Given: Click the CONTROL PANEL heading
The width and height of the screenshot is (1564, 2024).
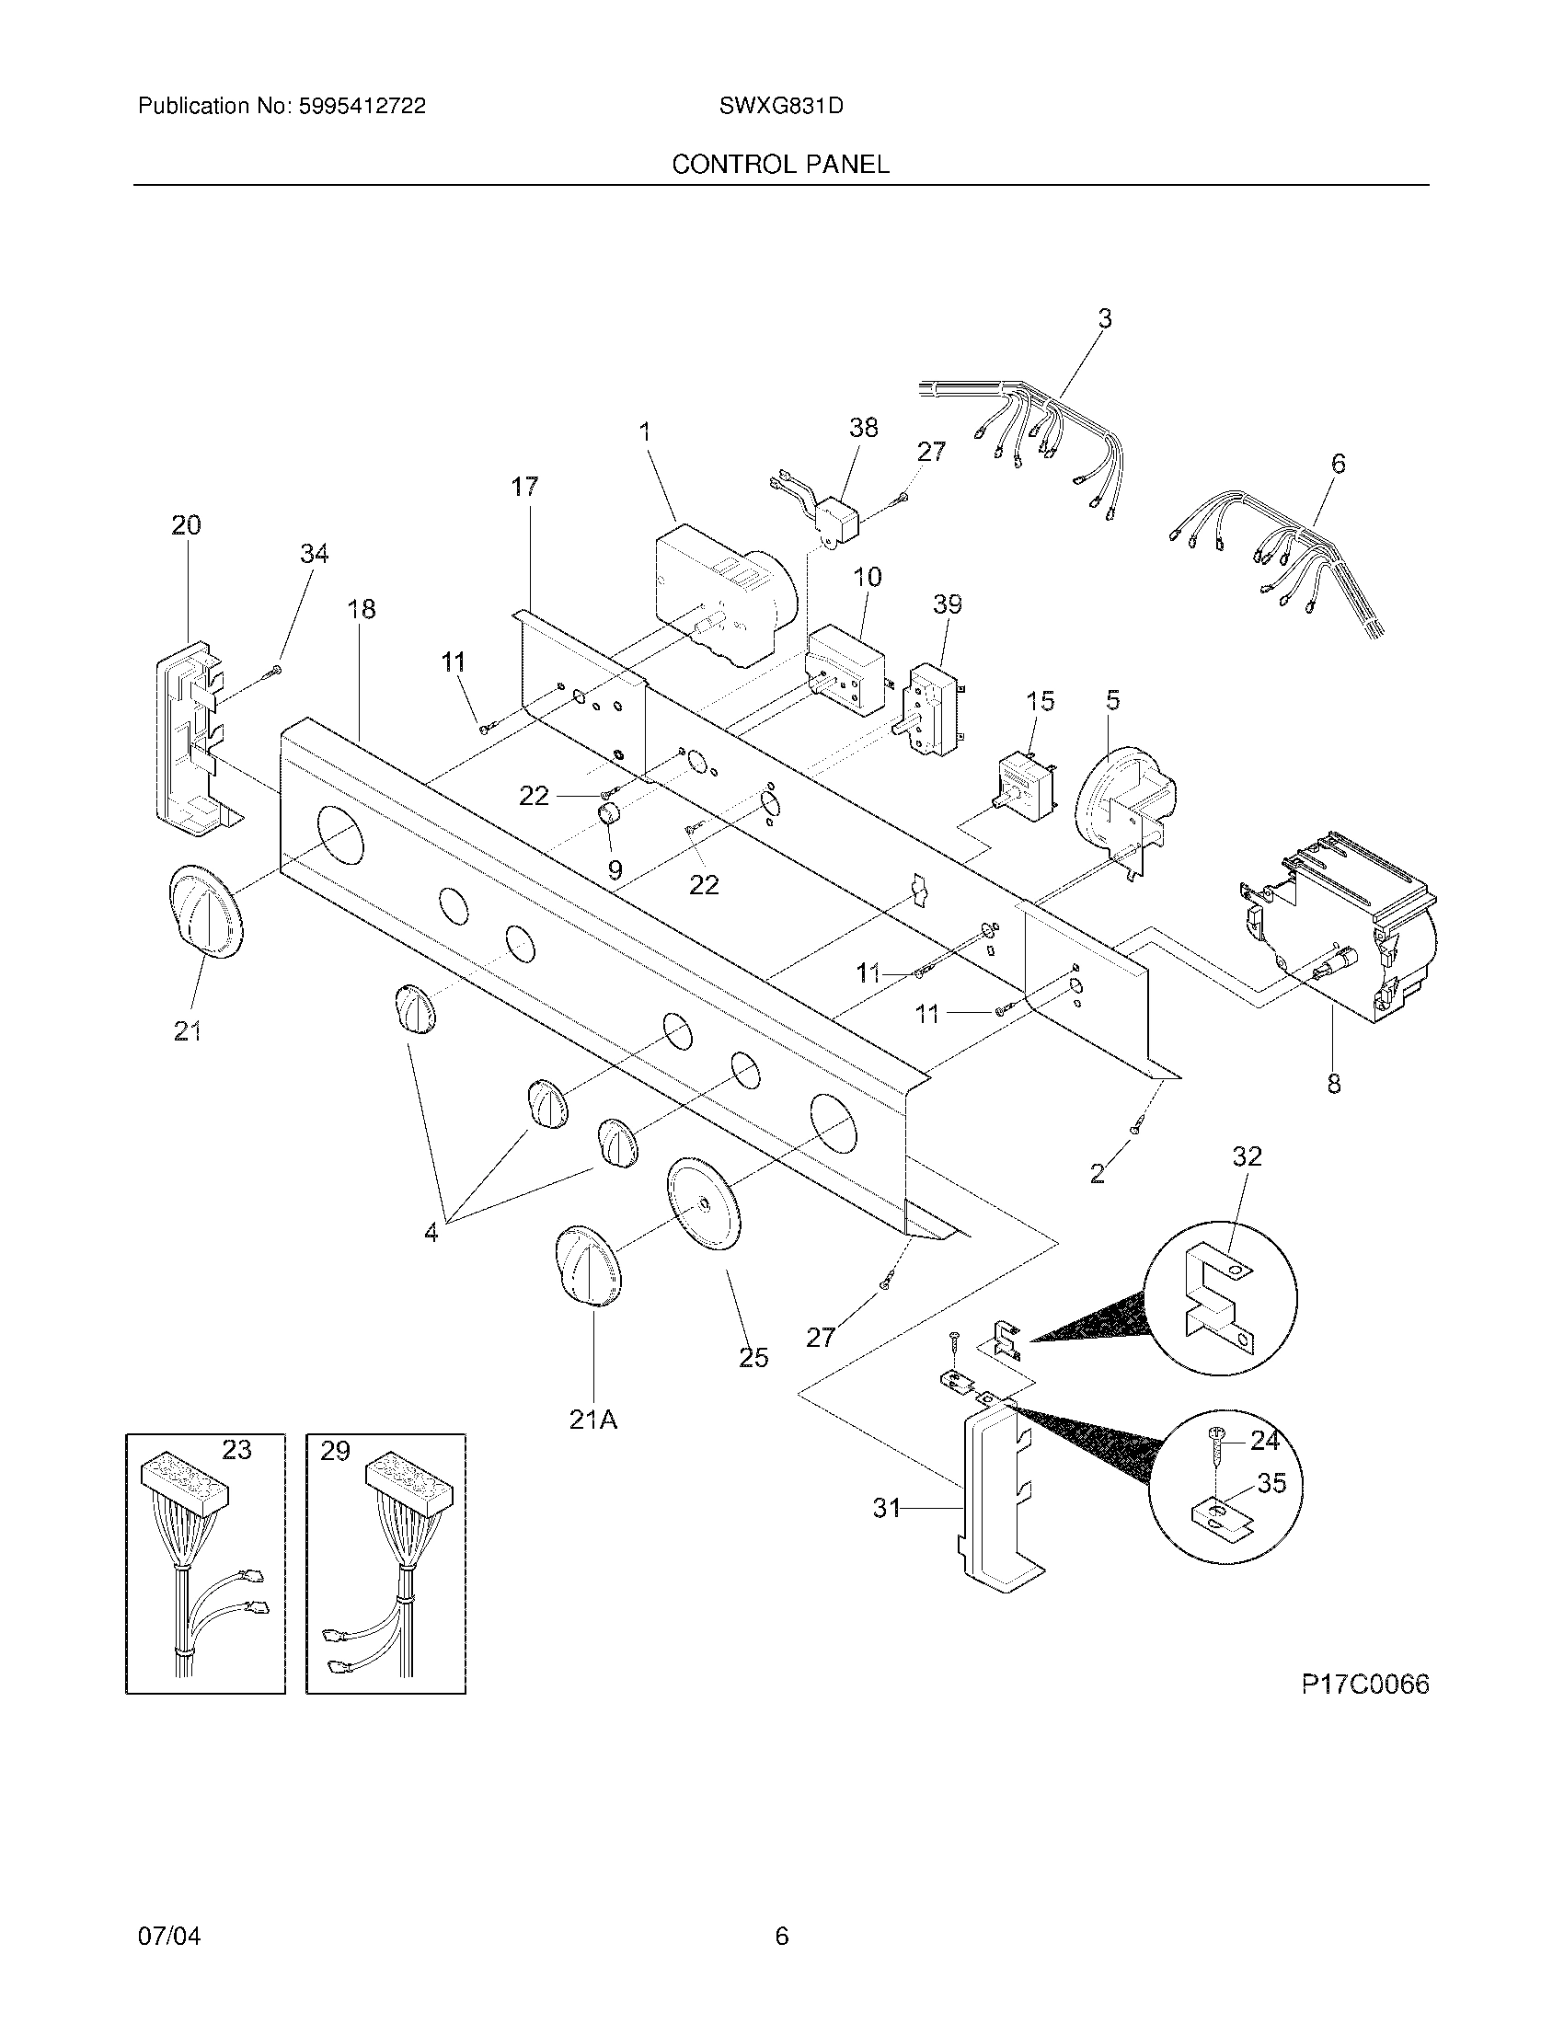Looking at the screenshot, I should click(x=780, y=165).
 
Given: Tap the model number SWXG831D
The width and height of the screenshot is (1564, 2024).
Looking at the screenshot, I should click(x=780, y=107).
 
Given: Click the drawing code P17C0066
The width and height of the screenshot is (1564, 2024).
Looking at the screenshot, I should click(x=1364, y=1684).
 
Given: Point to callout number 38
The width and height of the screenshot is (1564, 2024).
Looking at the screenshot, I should click(x=863, y=428).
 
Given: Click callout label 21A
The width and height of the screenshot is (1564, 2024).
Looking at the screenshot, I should click(x=593, y=1419).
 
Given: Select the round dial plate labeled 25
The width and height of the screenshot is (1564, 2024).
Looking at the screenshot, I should click(x=704, y=1204).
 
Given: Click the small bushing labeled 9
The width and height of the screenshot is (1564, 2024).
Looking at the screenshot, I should click(x=608, y=816).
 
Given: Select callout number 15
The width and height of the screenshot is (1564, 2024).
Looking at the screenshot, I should click(x=1041, y=702).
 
